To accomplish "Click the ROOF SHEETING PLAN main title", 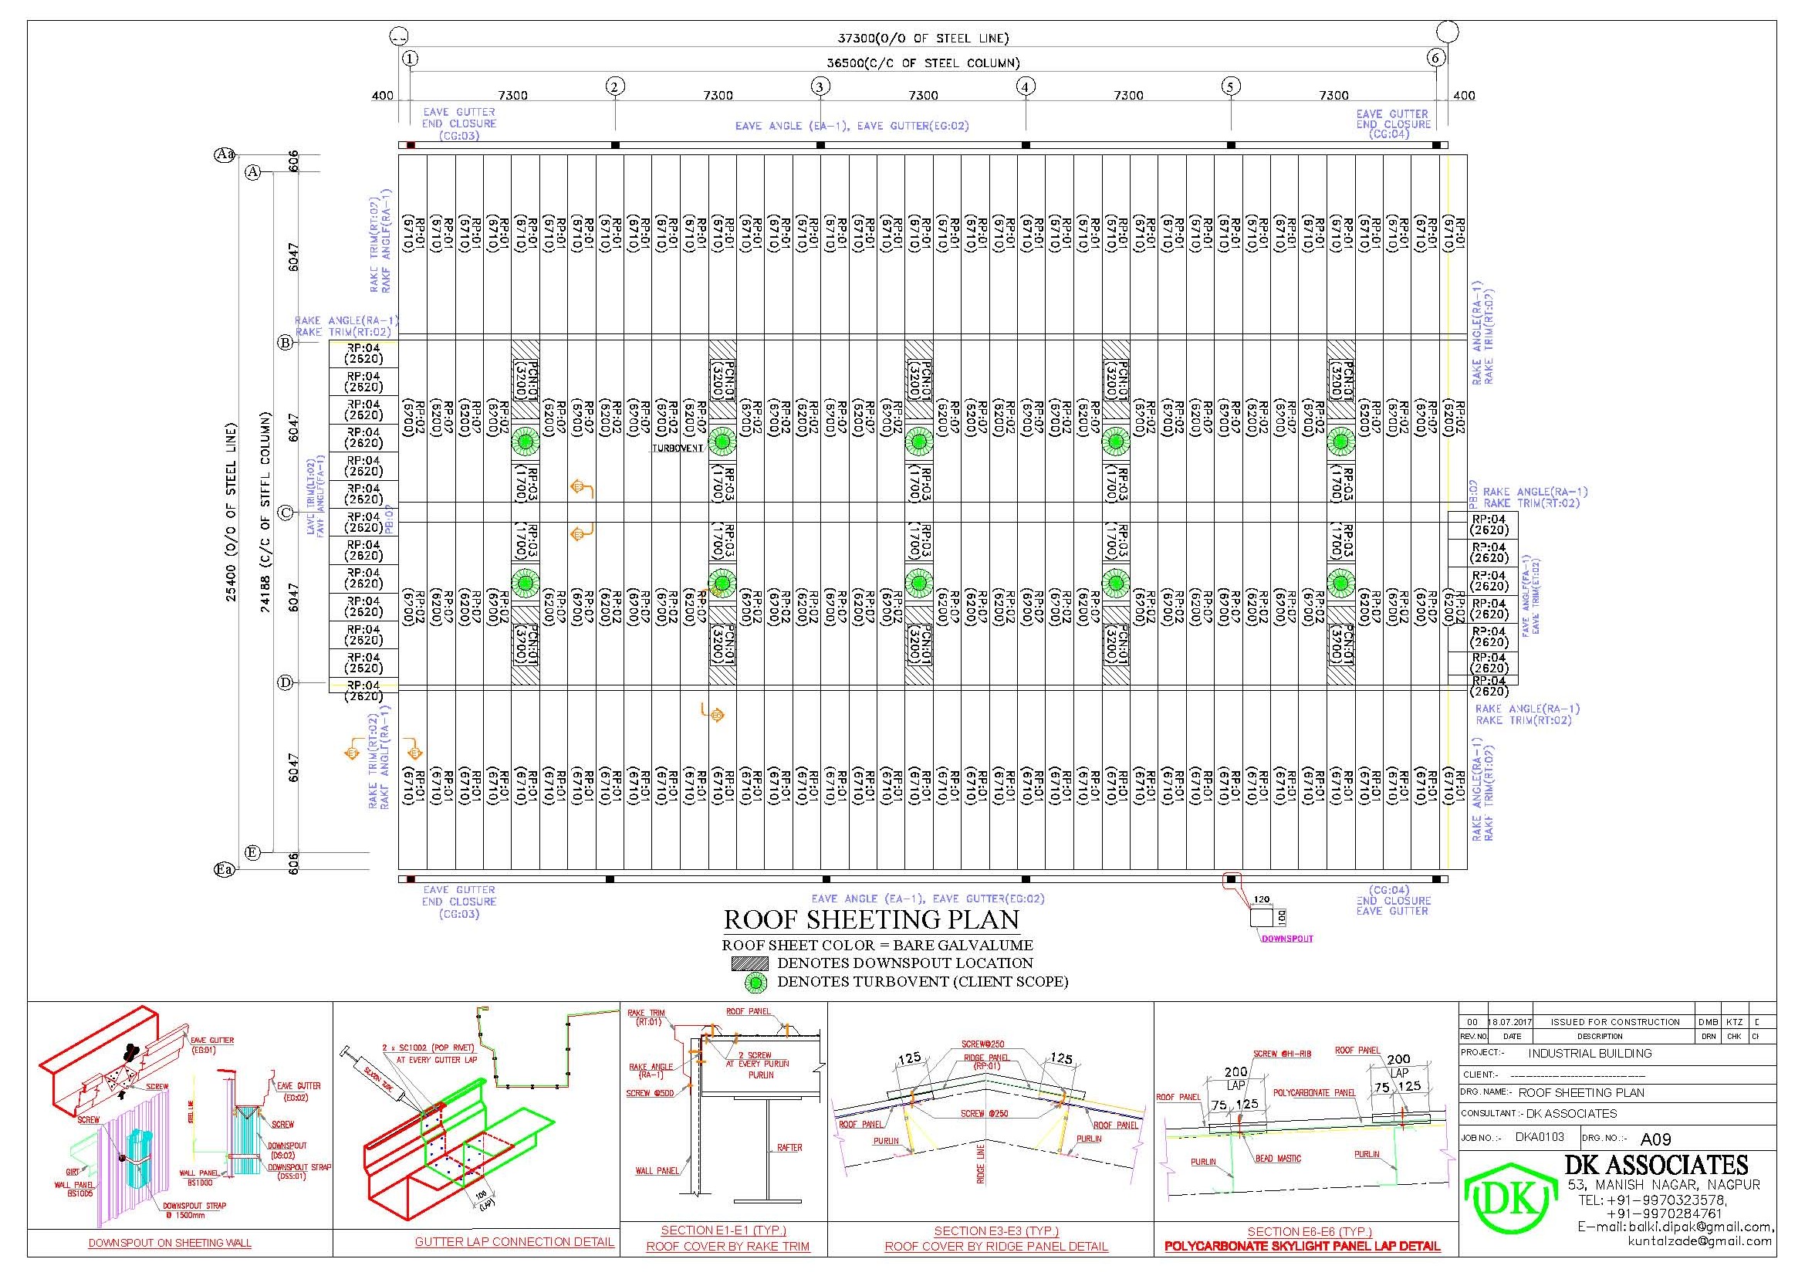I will point(871,920).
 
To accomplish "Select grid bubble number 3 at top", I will point(820,86).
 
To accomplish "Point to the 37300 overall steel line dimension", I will point(922,38).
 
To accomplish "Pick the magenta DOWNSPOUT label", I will point(1287,938).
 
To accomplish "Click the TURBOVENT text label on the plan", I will point(677,448).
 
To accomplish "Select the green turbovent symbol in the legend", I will point(756,982).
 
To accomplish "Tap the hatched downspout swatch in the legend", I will point(749,963).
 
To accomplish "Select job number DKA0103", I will point(1540,1137).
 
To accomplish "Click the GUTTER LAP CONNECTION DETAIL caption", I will point(514,1242).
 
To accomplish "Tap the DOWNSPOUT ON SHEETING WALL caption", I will point(170,1243).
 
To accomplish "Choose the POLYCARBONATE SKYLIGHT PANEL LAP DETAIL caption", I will point(1302,1246).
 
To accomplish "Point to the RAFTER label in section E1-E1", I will point(789,1148).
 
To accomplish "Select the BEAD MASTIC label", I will point(1278,1159).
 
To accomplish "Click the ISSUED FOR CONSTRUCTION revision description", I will point(1614,1022).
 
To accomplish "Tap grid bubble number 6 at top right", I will point(1436,57).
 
